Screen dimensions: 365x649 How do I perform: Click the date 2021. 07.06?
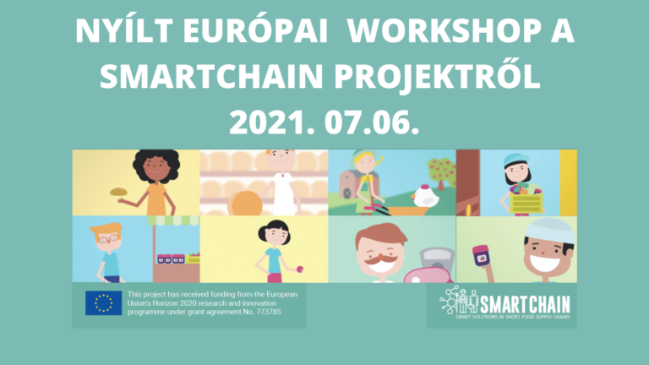324,123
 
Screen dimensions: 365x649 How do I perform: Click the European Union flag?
103,303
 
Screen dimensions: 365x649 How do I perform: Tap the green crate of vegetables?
526,203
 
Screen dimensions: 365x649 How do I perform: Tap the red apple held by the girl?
299,270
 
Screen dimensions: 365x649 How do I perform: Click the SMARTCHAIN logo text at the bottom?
524,302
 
